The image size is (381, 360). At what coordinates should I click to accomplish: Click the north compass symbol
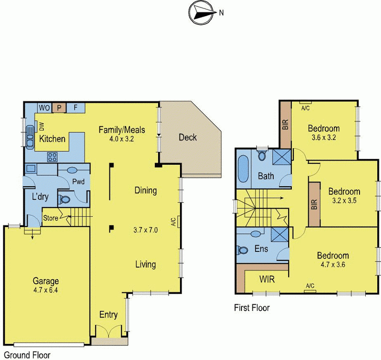[x=201, y=13]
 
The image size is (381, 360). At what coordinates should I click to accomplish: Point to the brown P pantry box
[x=59, y=107]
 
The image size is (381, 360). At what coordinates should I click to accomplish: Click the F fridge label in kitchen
[x=75, y=107]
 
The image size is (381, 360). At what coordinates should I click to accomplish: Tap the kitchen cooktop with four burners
[x=52, y=157]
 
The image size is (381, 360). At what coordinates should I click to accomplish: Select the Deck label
[x=187, y=138]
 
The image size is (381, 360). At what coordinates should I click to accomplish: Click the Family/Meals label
[x=121, y=130]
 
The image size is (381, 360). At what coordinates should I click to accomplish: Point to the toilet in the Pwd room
[x=64, y=200]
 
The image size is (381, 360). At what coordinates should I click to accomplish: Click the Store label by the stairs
[x=50, y=219]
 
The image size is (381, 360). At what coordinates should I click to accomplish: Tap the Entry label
[x=108, y=315]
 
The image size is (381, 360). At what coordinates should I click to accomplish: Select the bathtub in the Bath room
[x=243, y=169]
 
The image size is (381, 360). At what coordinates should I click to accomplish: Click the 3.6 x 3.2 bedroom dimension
[x=323, y=138]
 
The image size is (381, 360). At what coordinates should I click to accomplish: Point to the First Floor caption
[x=251, y=308]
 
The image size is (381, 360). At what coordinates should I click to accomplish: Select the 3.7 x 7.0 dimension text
[x=146, y=230]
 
